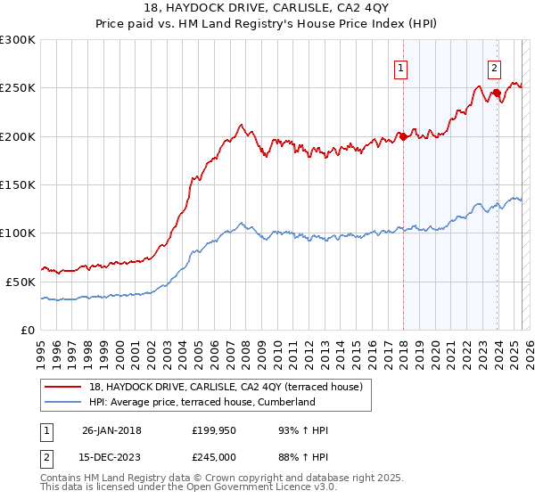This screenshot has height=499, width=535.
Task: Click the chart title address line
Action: click(267, 9)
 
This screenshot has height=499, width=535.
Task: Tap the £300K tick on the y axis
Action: click(18, 40)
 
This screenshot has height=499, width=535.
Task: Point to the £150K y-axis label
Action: click(18, 184)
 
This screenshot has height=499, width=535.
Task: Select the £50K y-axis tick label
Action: click(21, 281)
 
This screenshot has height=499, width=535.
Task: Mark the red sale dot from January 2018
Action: click(403, 136)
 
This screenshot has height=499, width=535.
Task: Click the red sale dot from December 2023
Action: click(496, 93)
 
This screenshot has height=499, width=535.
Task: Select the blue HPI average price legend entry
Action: click(213, 402)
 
